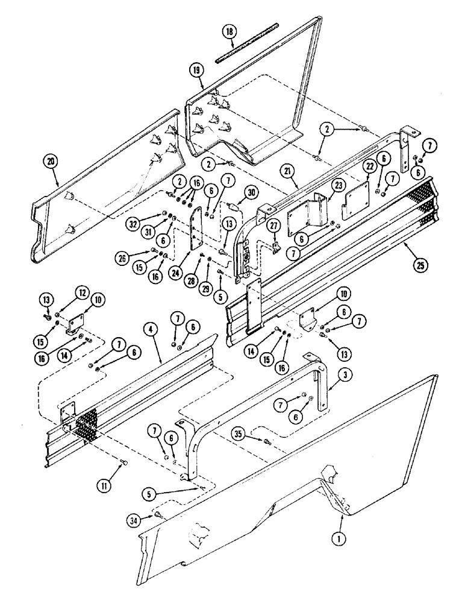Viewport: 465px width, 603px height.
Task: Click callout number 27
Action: point(274,227)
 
